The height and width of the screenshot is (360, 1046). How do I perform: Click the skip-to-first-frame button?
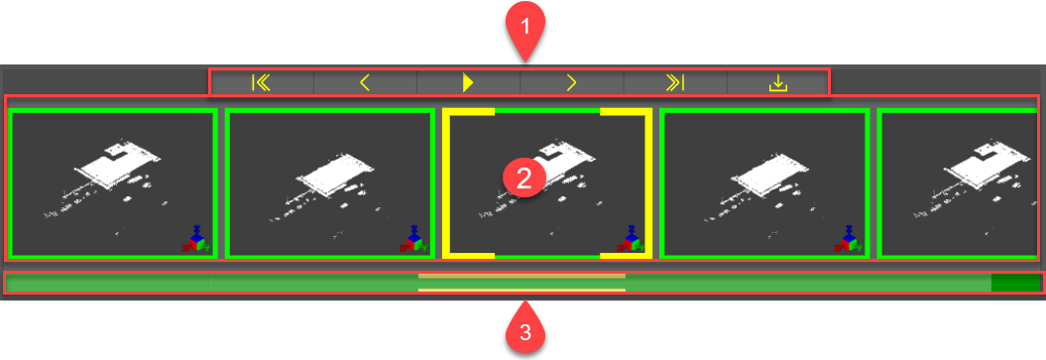pos(262,82)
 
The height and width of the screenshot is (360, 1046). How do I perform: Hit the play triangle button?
pos(468,82)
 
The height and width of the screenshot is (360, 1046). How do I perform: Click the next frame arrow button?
pos(572,82)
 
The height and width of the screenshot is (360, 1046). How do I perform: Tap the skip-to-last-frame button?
pos(675,82)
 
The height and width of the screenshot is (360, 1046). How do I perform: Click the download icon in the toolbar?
pos(778,82)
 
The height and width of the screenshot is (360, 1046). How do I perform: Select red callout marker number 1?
pos(525,28)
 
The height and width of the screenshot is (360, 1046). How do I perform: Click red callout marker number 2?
pos(523,179)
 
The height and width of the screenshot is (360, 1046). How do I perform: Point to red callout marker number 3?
pos(525,332)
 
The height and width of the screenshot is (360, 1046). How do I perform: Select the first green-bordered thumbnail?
pos(113,184)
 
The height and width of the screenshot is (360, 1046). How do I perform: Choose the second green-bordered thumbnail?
pos(330,184)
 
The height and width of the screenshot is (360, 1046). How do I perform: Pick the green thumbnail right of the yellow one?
pos(763,184)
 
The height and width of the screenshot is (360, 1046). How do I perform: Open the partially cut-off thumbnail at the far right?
pos(958,184)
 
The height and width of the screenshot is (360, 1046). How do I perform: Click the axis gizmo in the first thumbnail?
pos(195,239)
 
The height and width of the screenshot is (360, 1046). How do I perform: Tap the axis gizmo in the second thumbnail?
pos(412,239)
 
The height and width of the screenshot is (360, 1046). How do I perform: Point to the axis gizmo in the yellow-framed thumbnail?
pos(630,239)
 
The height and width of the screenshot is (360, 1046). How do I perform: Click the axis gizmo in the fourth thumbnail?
pos(847,239)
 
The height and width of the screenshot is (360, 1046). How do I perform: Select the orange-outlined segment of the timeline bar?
pos(522,283)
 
